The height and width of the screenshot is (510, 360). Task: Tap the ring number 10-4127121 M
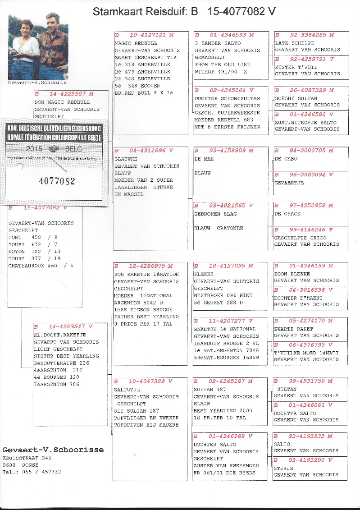[x=150, y=35]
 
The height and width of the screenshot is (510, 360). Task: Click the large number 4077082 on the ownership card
[x=57, y=181]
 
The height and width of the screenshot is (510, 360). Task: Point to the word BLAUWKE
[x=127, y=159]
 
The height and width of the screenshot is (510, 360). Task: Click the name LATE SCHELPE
[x=295, y=43]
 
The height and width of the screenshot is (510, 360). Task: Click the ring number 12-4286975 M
[x=150, y=266]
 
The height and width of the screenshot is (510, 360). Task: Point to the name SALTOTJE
[x=127, y=390]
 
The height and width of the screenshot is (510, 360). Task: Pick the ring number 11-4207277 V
[x=230, y=321]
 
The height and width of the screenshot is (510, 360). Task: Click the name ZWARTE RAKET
[x=294, y=329]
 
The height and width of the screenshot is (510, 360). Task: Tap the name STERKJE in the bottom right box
[x=284, y=468]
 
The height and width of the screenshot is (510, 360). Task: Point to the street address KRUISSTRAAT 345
[x=27, y=458]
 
